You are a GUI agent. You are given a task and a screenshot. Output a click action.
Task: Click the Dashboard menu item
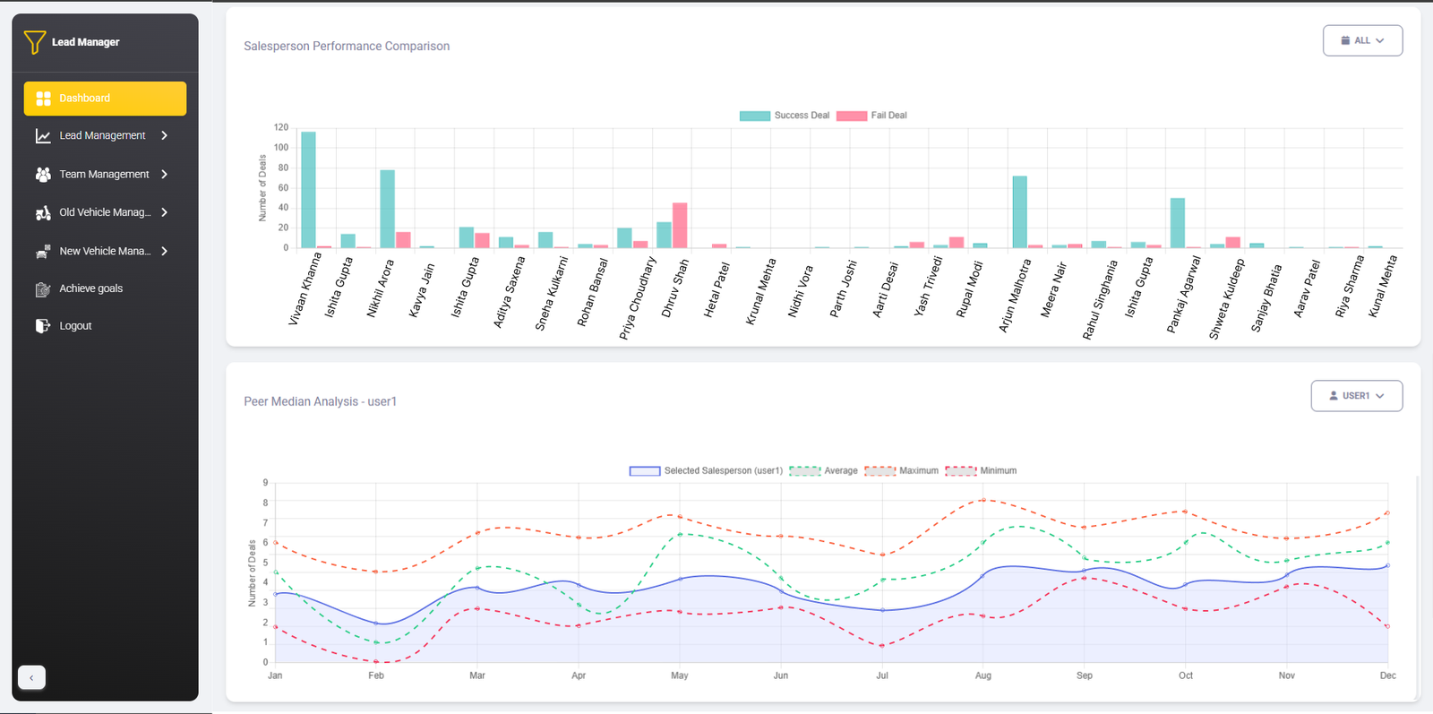pyautogui.click(x=105, y=99)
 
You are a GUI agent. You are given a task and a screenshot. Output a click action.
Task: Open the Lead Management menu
pyautogui.click(x=102, y=136)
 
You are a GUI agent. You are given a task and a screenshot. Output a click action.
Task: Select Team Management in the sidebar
pyautogui.click(x=104, y=175)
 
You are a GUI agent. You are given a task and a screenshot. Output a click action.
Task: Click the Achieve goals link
pyautogui.click(x=90, y=288)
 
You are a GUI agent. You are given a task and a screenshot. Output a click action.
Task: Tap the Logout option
pyautogui.click(x=75, y=326)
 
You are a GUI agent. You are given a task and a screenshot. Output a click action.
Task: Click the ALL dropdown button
pyautogui.click(x=1362, y=40)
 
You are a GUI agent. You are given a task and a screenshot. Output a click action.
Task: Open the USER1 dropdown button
pyautogui.click(x=1356, y=396)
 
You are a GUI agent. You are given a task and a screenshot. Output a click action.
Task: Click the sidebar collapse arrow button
pyautogui.click(x=31, y=677)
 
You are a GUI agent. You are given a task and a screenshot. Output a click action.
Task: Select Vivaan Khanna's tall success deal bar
pyautogui.click(x=308, y=190)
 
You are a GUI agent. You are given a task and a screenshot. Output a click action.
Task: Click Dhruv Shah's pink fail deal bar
pyautogui.click(x=680, y=226)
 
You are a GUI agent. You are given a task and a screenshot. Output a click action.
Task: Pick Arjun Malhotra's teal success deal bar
pyautogui.click(x=1019, y=212)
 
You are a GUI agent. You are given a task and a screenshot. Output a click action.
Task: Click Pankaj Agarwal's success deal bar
pyautogui.click(x=1178, y=223)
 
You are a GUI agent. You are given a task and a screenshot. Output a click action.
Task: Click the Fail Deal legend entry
pyautogui.click(x=871, y=116)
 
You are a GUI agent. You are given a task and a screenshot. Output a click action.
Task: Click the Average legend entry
pyautogui.click(x=824, y=471)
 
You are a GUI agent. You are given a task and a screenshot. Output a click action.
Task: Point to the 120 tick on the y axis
pyautogui.click(x=281, y=128)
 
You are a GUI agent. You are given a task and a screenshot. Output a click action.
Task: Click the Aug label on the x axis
pyautogui.click(x=983, y=675)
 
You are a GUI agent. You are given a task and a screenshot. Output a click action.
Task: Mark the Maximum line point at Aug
pyautogui.click(x=983, y=500)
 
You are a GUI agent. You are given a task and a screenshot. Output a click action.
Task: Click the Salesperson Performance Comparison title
pyautogui.click(x=347, y=47)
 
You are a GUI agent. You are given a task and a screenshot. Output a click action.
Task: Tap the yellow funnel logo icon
pyautogui.click(x=34, y=42)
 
